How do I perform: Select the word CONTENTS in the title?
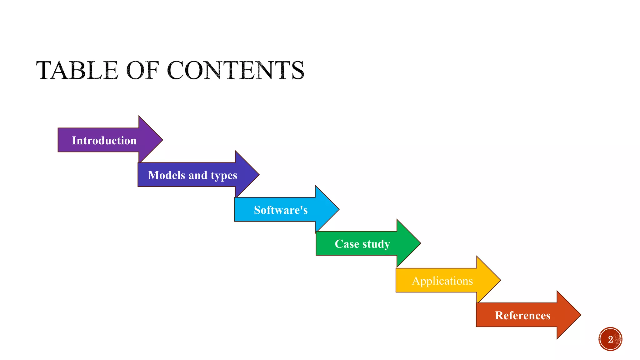click(236, 70)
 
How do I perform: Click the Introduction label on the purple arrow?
click(104, 141)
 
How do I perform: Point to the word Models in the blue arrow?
click(167, 175)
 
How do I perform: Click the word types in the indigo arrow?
click(224, 176)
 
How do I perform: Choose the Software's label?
click(281, 210)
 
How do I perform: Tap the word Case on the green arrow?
click(347, 244)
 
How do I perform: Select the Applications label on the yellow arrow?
click(442, 281)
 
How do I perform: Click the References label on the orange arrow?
click(522, 315)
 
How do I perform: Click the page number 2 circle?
click(610, 339)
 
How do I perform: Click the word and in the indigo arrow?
click(198, 175)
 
